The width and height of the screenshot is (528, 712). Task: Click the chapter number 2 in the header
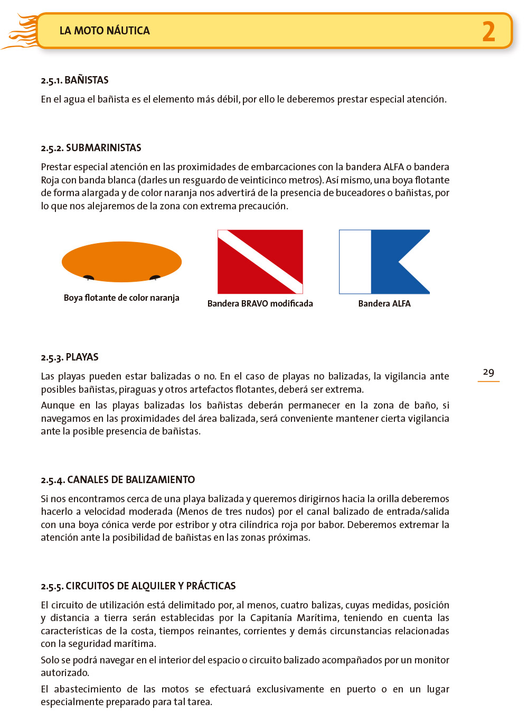click(x=488, y=31)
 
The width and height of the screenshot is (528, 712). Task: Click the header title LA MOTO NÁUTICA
click(x=105, y=31)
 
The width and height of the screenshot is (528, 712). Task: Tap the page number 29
click(x=488, y=372)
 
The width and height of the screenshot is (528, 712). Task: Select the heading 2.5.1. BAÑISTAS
click(x=74, y=80)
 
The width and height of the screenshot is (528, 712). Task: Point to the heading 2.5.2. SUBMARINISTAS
click(x=91, y=148)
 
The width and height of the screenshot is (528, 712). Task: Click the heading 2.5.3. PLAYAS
click(x=70, y=357)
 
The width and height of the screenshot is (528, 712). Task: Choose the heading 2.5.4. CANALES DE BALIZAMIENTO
click(x=118, y=480)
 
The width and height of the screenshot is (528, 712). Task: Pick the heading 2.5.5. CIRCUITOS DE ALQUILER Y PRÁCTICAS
click(x=138, y=586)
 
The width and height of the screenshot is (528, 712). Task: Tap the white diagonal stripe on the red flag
click(x=260, y=262)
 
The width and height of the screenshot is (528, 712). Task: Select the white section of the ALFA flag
click(x=355, y=262)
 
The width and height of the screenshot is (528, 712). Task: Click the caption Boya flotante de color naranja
click(x=121, y=298)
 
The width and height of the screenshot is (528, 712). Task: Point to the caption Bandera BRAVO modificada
click(x=260, y=304)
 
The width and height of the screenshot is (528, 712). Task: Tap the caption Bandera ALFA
click(x=384, y=304)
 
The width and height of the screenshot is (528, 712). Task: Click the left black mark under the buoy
click(x=89, y=278)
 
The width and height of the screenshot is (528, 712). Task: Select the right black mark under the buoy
click(x=155, y=278)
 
